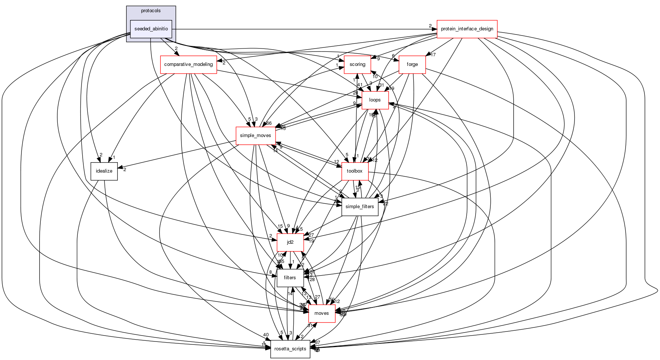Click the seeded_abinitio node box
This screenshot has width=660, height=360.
click(151, 29)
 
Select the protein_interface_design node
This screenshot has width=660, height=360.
click(467, 29)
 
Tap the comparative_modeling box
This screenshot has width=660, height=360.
click(188, 64)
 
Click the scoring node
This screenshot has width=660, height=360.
click(357, 64)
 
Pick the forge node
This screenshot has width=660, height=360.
click(412, 64)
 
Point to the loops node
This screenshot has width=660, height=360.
click(375, 100)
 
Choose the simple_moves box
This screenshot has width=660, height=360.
click(256, 136)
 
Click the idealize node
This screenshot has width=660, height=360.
click(104, 171)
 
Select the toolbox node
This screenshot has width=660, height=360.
click(354, 171)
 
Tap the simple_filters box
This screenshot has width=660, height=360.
click(360, 207)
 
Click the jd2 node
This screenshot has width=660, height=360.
click(290, 242)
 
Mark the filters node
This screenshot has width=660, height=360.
click(290, 278)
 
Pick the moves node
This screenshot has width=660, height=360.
click(321, 313)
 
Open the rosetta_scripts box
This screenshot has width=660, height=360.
click(290, 349)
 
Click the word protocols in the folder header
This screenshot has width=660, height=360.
click(151, 11)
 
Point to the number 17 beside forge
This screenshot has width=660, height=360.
click(433, 55)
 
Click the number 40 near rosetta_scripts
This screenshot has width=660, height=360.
click(266, 335)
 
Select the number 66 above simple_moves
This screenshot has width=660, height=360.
click(269, 123)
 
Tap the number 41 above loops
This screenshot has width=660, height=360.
click(360, 85)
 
